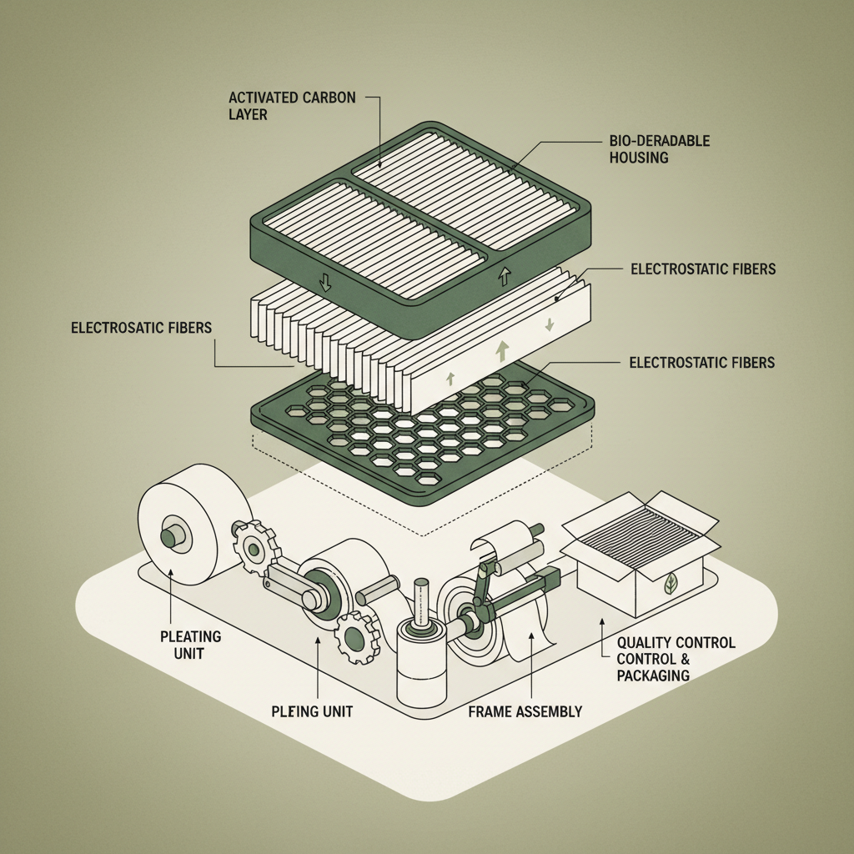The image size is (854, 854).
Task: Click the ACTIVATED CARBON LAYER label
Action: click(x=291, y=106)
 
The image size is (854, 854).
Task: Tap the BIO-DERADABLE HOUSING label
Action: click(x=659, y=148)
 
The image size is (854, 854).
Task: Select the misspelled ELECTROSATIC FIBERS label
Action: click(x=141, y=329)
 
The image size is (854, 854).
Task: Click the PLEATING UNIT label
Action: click(x=190, y=644)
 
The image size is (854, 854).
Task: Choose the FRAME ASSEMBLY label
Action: click(x=525, y=711)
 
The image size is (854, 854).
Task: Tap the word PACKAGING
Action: click(x=653, y=675)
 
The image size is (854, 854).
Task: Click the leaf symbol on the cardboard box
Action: click(x=671, y=585)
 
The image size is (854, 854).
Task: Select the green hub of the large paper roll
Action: click(x=170, y=535)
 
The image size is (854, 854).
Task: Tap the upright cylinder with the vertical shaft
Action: click(x=422, y=659)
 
